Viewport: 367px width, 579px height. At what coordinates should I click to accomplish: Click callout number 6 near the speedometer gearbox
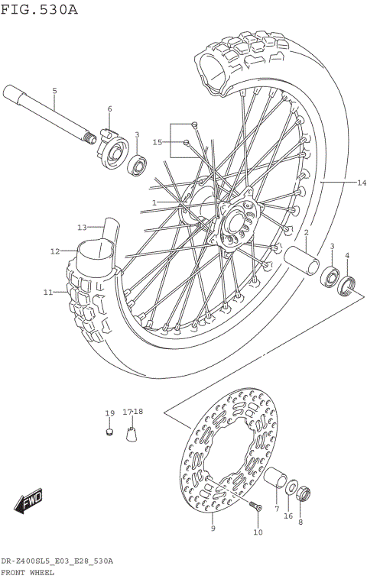coord(109,109)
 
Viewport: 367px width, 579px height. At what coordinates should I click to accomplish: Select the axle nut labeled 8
coord(301,493)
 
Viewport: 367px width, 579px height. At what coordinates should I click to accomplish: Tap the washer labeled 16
coord(291,487)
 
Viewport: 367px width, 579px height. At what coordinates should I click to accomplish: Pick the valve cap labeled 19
coord(109,432)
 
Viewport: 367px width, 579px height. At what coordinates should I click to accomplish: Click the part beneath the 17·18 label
coord(132,435)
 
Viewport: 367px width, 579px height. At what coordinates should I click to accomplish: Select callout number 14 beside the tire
coord(362,183)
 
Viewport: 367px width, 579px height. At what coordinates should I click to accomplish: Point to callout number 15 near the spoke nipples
coord(158,142)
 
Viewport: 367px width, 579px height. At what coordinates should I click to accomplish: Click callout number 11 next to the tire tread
coord(47,292)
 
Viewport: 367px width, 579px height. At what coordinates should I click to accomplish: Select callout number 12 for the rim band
coord(55,251)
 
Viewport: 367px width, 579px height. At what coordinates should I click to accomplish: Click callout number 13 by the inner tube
coord(82,227)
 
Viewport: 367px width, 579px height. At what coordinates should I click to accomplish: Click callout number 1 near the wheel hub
coord(154,202)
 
